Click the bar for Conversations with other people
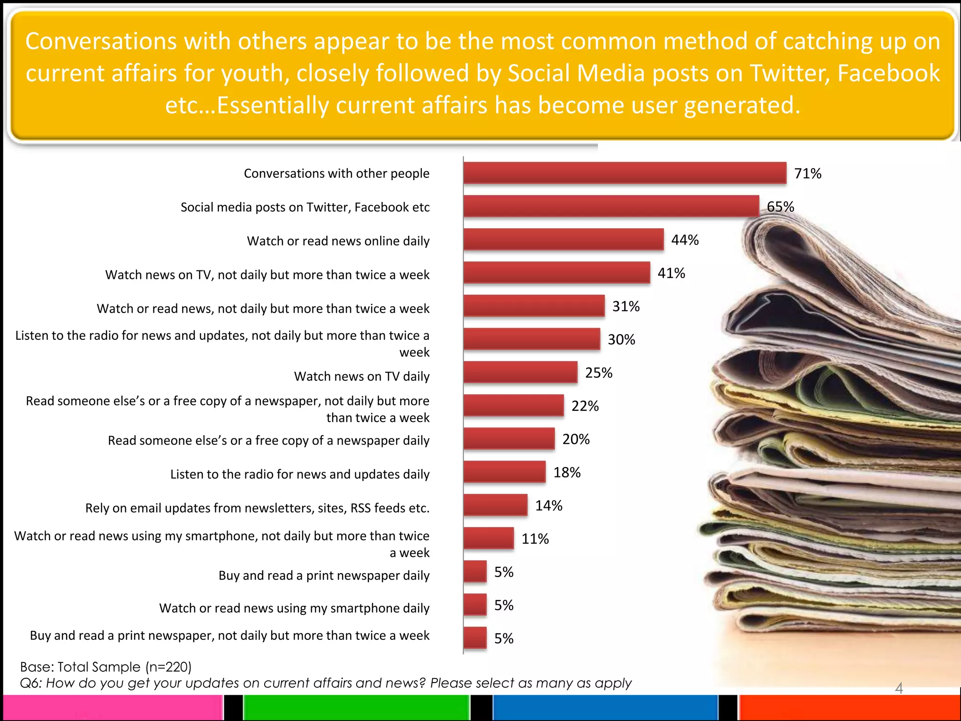click(625, 173)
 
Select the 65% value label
click(780, 207)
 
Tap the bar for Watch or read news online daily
click(564, 239)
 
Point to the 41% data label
click(671, 273)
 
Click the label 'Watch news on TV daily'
click(361, 376)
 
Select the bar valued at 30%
click(532, 339)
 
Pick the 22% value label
click(585, 406)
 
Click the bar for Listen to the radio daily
click(504, 472)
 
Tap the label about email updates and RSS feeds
click(257, 508)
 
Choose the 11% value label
click(535, 539)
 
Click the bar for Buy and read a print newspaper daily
click(475, 572)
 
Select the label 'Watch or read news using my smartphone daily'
click(294, 608)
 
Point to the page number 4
click(899, 688)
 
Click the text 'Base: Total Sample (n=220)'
click(106, 667)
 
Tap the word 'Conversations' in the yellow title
click(101, 41)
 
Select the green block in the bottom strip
click(357, 707)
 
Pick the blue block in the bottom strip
click(605, 707)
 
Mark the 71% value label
click(808, 174)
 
